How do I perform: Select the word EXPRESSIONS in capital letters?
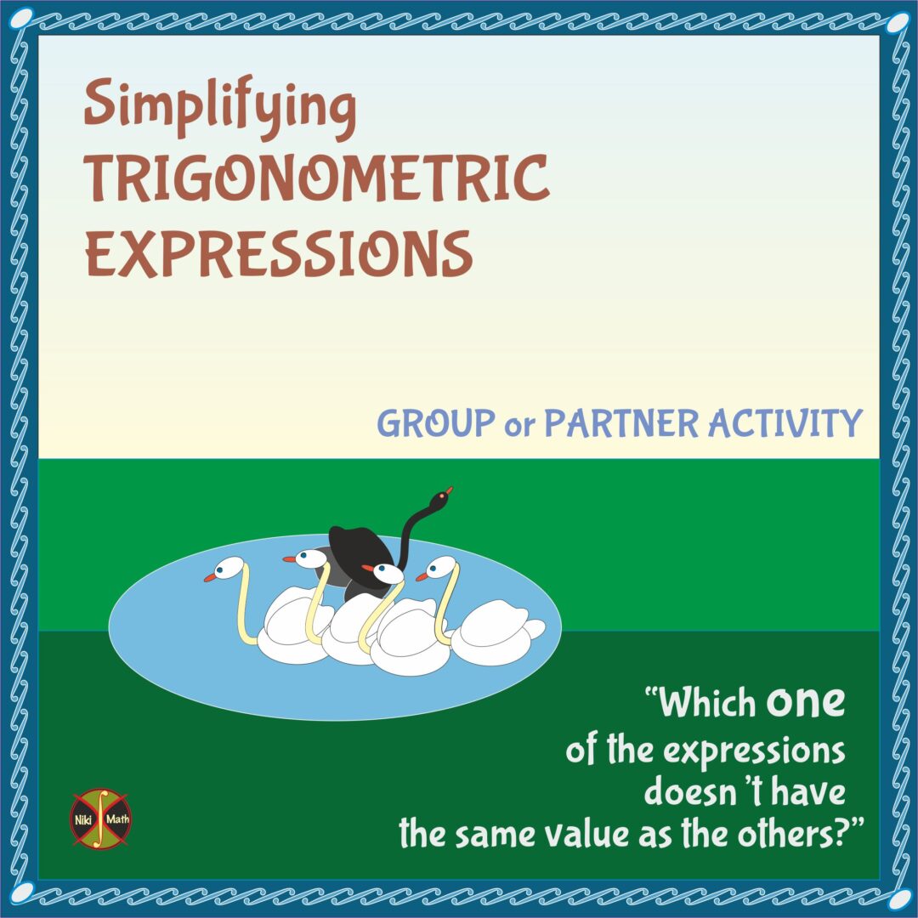[x=279, y=252]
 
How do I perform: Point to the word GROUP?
[x=436, y=422]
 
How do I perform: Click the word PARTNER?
[x=621, y=422]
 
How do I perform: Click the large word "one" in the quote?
[x=806, y=702]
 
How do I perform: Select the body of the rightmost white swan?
[x=493, y=633]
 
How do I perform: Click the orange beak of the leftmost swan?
[x=209, y=577]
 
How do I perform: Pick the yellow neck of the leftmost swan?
[x=245, y=608]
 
